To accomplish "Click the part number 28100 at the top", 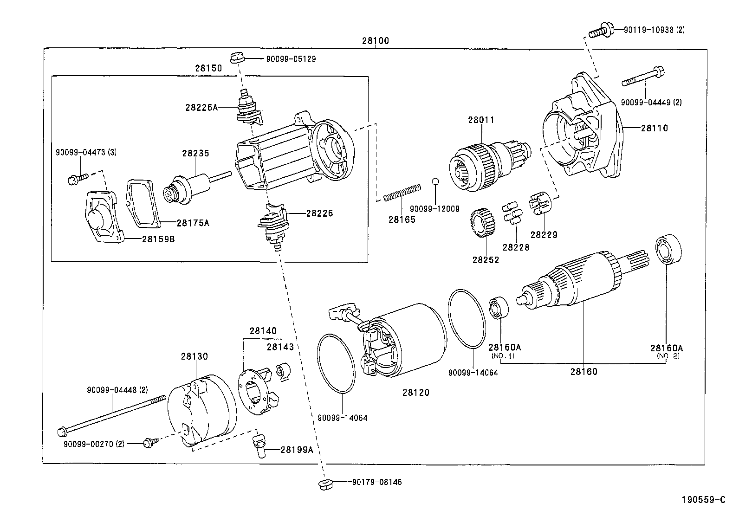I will (375, 41).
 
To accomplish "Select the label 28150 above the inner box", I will (208, 68).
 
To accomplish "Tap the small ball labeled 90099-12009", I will (435, 181).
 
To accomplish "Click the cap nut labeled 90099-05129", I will (237, 58).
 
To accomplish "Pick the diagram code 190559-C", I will (703, 500).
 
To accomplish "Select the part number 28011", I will (481, 120).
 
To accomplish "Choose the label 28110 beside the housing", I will (654, 128).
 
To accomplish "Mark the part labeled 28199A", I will (259, 445).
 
